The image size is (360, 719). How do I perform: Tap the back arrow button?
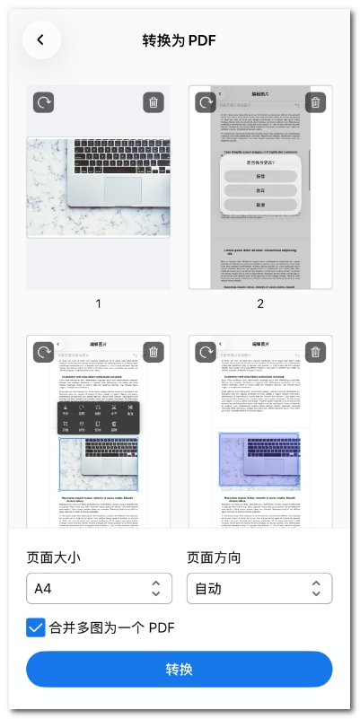tap(41, 39)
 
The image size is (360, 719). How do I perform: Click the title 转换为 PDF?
tap(180, 40)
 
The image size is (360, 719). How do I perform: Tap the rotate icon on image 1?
tap(44, 102)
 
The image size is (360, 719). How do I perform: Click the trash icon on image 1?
tap(154, 102)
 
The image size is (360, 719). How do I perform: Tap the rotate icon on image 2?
tap(206, 102)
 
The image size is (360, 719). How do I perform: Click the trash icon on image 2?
tap(315, 102)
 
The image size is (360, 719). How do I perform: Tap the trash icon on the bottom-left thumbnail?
tap(154, 352)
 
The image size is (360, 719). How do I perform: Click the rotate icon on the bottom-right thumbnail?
tap(206, 352)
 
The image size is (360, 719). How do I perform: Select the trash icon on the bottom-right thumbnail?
tap(315, 352)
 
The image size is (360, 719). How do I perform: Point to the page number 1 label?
tap(99, 303)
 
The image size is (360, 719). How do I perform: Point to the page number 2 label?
tap(260, 303)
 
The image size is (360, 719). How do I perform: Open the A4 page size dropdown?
tap(99, 589)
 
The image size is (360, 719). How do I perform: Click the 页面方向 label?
tap(214, 557)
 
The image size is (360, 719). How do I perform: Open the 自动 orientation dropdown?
tap(259, 589)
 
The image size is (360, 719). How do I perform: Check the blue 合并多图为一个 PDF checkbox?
tap(36, 627)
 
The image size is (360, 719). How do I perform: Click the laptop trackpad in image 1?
tap(128, 189)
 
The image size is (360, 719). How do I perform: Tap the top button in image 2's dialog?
tap(260, 176)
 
